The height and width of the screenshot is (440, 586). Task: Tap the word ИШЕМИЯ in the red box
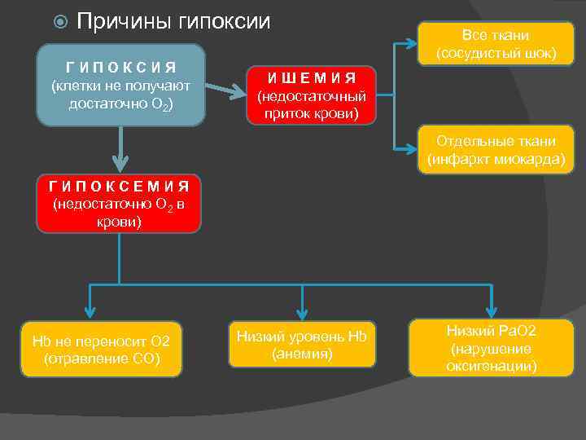point(313,79)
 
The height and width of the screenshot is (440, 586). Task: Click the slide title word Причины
point(122,22)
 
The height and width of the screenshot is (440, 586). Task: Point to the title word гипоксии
point(223,22)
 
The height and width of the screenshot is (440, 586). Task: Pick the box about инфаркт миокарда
point(496,149)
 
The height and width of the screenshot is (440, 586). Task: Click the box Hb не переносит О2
point(101,350)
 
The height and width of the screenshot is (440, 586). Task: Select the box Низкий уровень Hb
point(302,345)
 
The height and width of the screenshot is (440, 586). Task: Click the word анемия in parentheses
point(303,354)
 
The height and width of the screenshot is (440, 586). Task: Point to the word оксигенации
point(491,366)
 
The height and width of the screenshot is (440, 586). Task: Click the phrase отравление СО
point(102,359)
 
